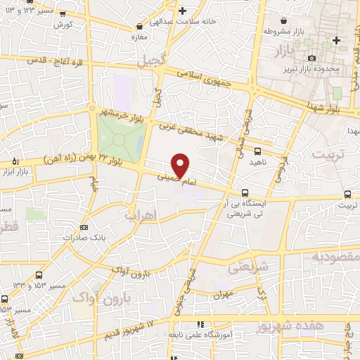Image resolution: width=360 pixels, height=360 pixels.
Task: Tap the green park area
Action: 116,136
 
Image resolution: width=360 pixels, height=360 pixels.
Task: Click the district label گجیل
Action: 152,62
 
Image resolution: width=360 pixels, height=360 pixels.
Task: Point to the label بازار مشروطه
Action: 287,32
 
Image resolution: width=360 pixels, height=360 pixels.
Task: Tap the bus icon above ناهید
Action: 257,151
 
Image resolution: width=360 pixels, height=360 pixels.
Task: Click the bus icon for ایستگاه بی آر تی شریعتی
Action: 245,192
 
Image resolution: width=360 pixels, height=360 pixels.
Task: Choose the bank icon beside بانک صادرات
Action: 84,227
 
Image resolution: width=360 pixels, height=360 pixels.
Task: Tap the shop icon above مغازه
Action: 139,26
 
